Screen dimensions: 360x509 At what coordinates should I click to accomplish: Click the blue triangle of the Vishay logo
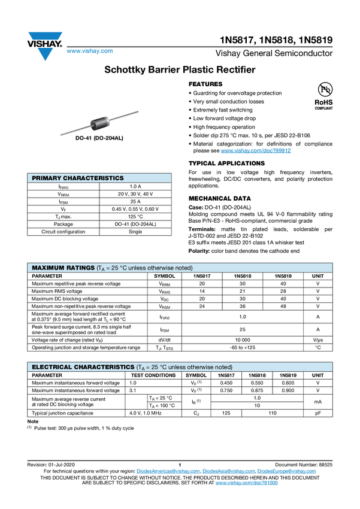pyautogui.click(x=44, y=54)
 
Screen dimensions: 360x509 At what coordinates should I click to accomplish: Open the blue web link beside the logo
pyautogui.click(x=89, y=51)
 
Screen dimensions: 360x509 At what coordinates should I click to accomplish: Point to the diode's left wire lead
pyautogui.click(x=74, y=131)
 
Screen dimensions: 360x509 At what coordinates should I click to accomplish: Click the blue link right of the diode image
pyautogui.click(x=256, y=151)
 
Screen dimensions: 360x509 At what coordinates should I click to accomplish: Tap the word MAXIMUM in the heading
pyautogui.click(x=47, y=268)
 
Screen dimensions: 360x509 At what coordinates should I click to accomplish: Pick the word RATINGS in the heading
pyautogui.click(x=80, y=268)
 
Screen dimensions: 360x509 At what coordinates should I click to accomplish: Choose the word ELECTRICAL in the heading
pyautogui.click(x=52, y=367)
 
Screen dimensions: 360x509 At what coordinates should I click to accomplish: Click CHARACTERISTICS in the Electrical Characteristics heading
pyautogui.click(x=105, y=367)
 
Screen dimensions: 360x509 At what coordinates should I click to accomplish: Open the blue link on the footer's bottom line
pyautogui.click(x=246, y=482)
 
